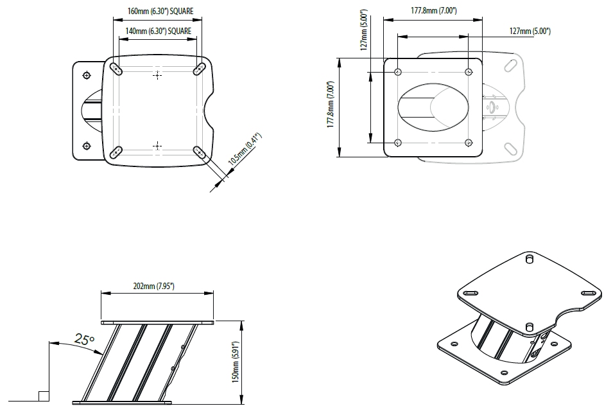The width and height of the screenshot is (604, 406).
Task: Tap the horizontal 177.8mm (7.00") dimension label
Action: (x=435, y=11)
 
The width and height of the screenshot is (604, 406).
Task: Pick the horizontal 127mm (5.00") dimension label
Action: (x=530, y=31)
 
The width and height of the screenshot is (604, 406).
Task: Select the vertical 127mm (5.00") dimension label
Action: (x=364, y=30)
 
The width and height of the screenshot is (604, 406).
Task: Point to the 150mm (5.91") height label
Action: (x=236, y=362)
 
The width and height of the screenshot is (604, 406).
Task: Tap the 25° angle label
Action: (x=84, y=339)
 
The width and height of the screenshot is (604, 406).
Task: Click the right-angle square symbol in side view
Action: (x=43, y=396)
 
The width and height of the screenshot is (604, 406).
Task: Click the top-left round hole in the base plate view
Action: (x=399, y=72)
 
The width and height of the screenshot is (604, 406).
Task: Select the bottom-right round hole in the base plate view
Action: (x=468, y=142)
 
